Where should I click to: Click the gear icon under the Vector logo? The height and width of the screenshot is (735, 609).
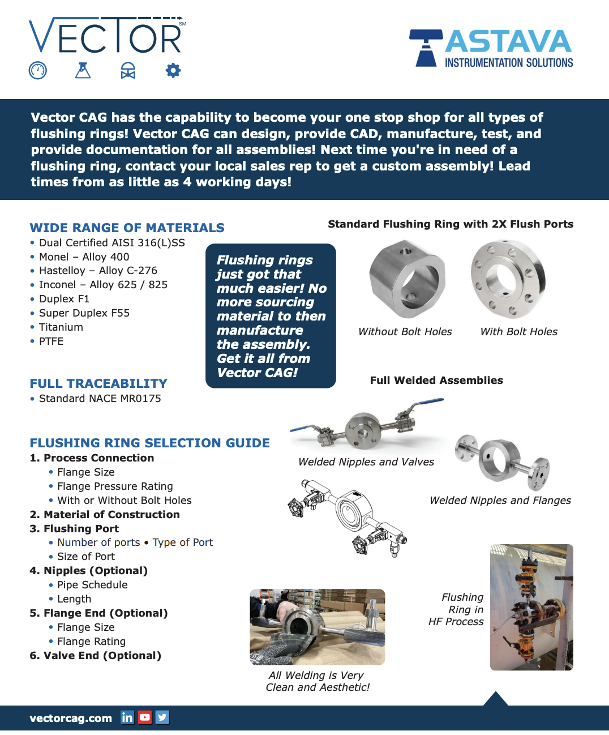click(173, 71)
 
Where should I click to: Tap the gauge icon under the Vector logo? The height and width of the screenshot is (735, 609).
click(38, 71)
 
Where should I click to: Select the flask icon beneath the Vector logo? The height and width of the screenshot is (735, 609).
click(83, 71)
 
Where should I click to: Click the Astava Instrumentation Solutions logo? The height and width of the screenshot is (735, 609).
click(491, 49)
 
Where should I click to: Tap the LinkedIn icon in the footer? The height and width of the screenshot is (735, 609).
click(127, 717)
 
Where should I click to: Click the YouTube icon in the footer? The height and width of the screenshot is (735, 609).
click(145, 717)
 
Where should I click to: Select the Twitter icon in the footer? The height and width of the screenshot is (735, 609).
click(162, 717)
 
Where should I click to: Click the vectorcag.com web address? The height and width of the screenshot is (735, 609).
click(71, 718)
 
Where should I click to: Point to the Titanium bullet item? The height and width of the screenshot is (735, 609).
click(61, 327)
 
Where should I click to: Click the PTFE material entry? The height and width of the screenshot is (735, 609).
click(51, 341)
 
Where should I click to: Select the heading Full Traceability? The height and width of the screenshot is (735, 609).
click(98, 383)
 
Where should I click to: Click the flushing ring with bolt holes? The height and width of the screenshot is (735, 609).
click(508, 279)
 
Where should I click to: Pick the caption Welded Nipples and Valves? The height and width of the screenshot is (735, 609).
click(366, 462)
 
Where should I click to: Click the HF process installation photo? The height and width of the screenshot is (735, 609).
click(531, 607)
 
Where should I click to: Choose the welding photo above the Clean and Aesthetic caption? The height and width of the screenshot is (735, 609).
click(317, 627)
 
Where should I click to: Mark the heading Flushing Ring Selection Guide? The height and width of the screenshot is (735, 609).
click(149, 443)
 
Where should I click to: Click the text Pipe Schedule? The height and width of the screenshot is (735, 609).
click(92, 585)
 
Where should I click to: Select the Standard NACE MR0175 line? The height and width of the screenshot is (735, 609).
click(100, 399)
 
